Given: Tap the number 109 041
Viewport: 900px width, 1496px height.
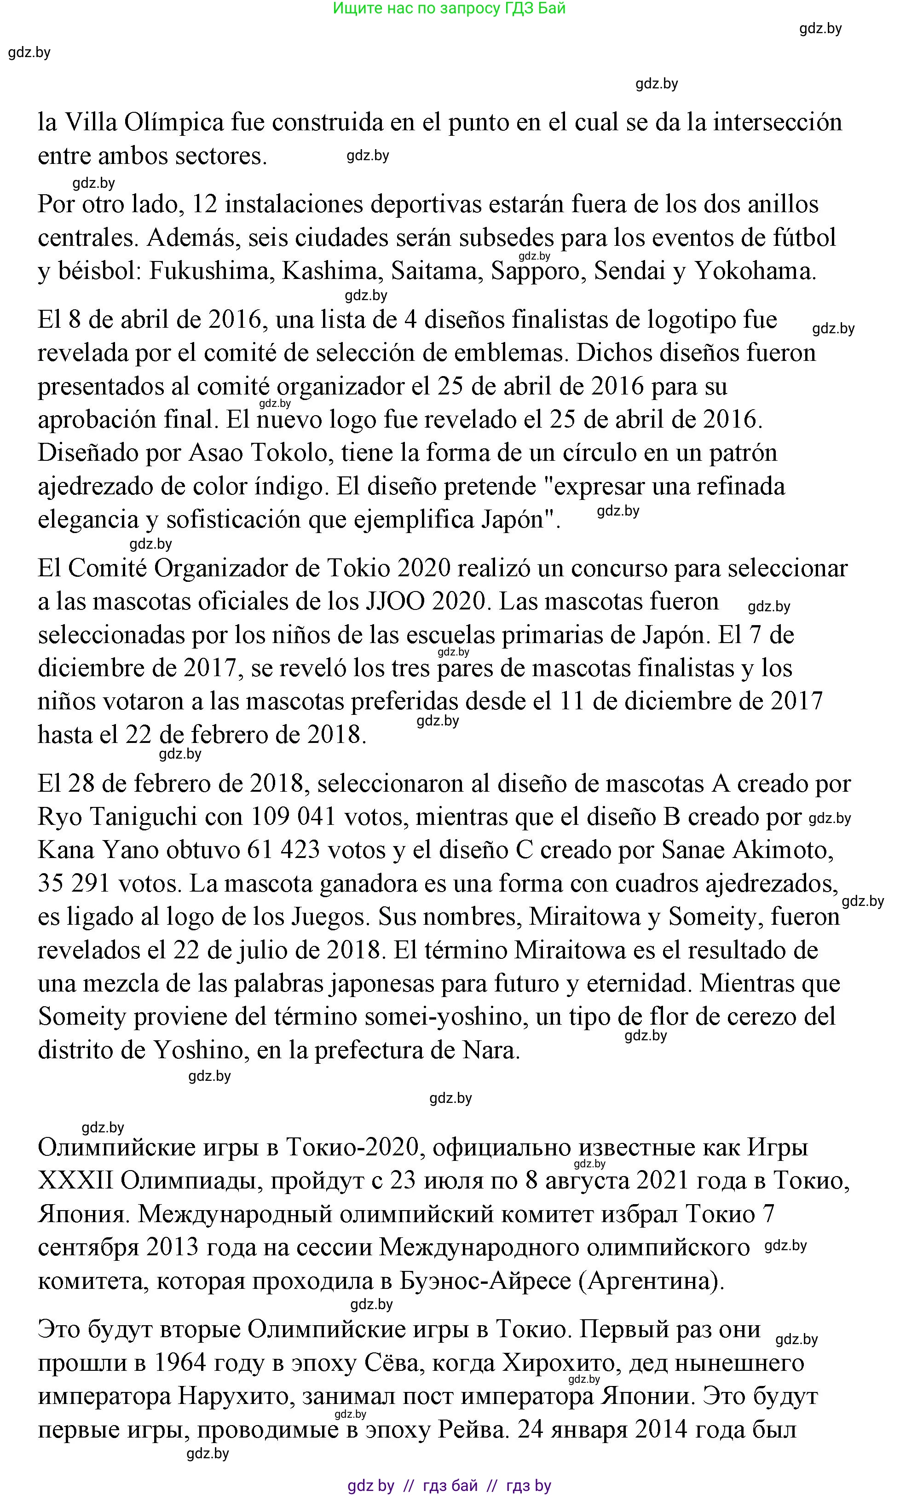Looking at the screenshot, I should (294, 817).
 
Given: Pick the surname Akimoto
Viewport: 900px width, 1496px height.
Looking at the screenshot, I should (782, 850).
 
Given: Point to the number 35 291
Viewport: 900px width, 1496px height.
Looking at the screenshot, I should (73, 883).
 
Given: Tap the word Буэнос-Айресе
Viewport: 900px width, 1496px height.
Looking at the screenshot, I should (485, 1281).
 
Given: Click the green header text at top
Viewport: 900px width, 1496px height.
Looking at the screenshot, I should (450, 8).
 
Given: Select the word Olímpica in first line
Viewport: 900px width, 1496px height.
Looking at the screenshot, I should (173, 122).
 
